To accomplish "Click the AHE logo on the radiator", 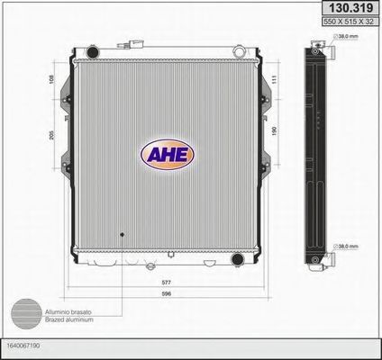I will pos(167,153).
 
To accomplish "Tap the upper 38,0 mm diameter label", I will pos(350,37).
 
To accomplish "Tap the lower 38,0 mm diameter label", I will pos(350,246).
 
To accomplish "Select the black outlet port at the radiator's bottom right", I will pos(237,260).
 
